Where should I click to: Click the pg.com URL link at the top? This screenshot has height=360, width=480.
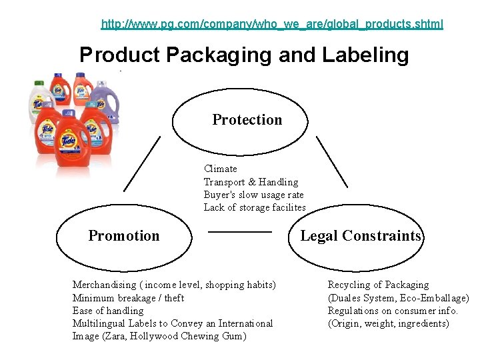[271, 25]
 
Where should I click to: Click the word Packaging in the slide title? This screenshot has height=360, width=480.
[218, 55]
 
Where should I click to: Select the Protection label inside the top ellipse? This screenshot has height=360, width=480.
[247, 120]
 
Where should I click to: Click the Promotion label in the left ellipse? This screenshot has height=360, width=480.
[124, 236]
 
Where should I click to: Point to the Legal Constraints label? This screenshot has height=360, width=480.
[361, 236]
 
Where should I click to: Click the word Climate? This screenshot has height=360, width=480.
[221, 169]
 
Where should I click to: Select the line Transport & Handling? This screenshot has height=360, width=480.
[251, 182]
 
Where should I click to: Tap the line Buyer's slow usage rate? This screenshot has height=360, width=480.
[253, 195]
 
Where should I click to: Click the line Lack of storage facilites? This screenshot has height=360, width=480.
[255, 207]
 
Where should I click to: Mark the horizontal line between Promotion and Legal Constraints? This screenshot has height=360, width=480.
[241, 231]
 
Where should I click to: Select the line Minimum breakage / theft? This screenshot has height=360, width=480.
[128, 298]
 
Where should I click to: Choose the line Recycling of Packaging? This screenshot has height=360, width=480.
[378, 285]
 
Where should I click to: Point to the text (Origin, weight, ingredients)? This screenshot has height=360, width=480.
[388, 323]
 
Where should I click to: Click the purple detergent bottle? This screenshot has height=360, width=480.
[106, 100]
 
